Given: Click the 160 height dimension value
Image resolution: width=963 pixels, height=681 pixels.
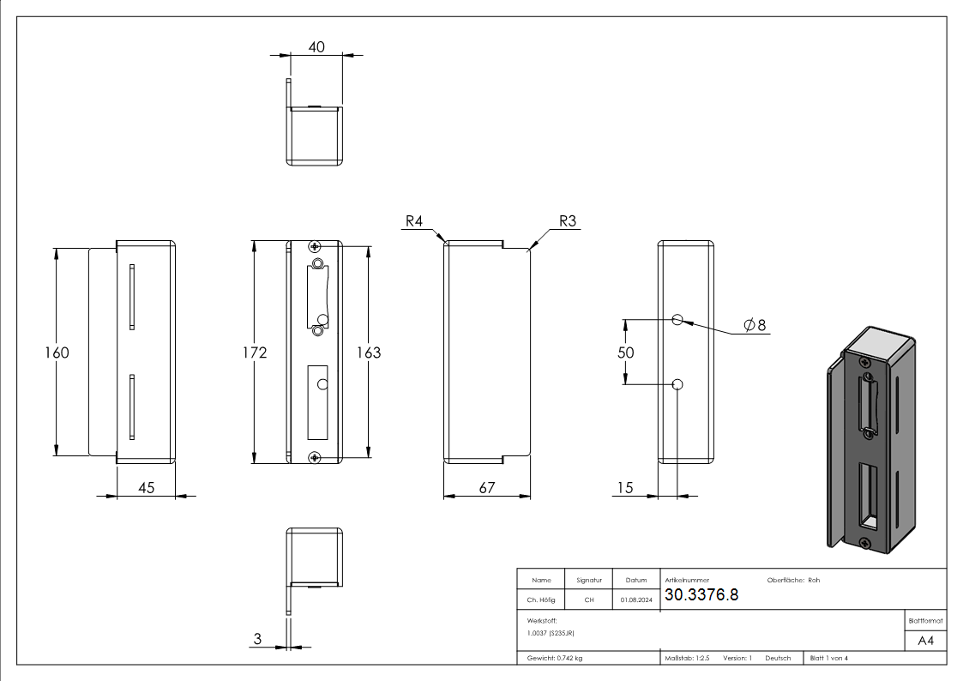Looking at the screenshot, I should (x=57, y=353).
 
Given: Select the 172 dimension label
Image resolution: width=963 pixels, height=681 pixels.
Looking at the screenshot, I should (x=255, y=353).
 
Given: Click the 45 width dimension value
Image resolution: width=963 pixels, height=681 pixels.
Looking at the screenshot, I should (x=146, y=487).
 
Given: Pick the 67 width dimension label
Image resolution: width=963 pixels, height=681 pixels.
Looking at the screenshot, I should (x=486, y=487).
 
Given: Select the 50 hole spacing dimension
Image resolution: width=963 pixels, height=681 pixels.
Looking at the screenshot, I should (x=625, y=353).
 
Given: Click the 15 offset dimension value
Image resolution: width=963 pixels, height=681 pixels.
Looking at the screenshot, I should (x=624, y=487).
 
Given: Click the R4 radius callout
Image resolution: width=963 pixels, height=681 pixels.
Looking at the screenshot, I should (x=414, y=221).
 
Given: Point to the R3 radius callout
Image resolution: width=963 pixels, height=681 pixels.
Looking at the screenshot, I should (x=568, y=221).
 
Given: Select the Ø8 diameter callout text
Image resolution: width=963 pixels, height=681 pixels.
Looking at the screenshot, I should (x=755, y=325).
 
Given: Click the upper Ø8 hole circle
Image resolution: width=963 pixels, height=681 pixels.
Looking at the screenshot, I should (x=677, y=320).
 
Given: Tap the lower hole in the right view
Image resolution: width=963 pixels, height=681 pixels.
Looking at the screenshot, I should (x=677, y=384).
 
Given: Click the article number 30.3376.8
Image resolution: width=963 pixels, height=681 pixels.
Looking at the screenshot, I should (x=701, y=596).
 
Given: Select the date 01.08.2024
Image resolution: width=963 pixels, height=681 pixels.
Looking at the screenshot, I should (x=635, y=600).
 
